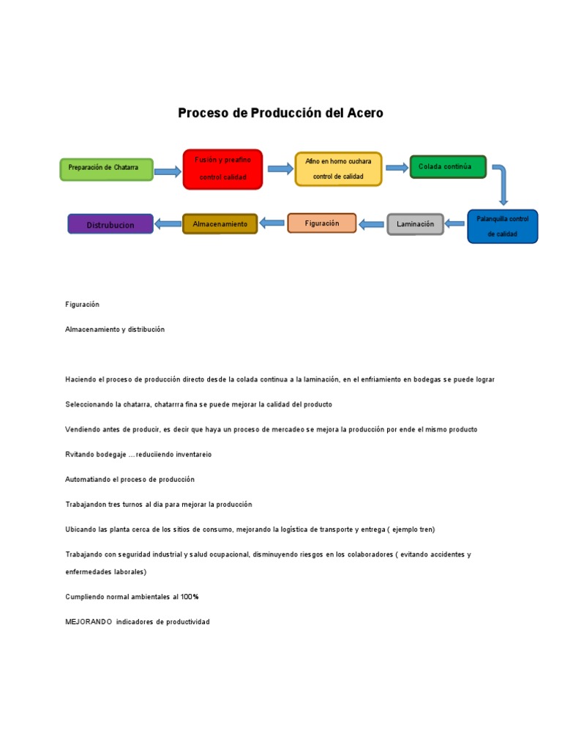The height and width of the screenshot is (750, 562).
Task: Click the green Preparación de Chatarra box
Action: click(x=107, y=169)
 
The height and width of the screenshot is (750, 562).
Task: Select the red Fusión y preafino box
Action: click(x=222, y=169)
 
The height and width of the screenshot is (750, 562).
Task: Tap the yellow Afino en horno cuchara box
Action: click(x=338, y=169)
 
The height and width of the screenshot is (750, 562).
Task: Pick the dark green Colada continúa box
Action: click(x=449, y=166)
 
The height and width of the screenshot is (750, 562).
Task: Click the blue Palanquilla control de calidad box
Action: click(x=503, y=226)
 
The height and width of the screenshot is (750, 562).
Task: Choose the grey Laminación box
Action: click(x=416, y=224)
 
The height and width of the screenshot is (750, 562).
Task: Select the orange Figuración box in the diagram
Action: click(x=322, y=223)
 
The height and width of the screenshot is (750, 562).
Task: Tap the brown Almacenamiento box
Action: click(x=220, y=224)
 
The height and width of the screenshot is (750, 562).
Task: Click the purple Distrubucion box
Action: click(x=110, y=224)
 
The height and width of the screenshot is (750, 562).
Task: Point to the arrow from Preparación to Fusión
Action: click(x=168, y=171)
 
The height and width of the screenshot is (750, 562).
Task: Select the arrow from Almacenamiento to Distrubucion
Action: click(x=168, y=223)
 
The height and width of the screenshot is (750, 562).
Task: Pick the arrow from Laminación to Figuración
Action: click(x=371, y=224)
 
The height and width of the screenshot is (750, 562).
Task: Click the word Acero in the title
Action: click(x=365, y=113)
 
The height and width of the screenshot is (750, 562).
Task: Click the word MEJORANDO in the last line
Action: click(x=89, y=622)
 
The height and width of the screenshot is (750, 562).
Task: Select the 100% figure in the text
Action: click(x=190, y=597)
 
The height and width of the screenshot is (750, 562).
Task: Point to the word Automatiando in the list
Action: click(x=88, y=479)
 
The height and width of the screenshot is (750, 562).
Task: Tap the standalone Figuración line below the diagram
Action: click(x=82, y=305)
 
